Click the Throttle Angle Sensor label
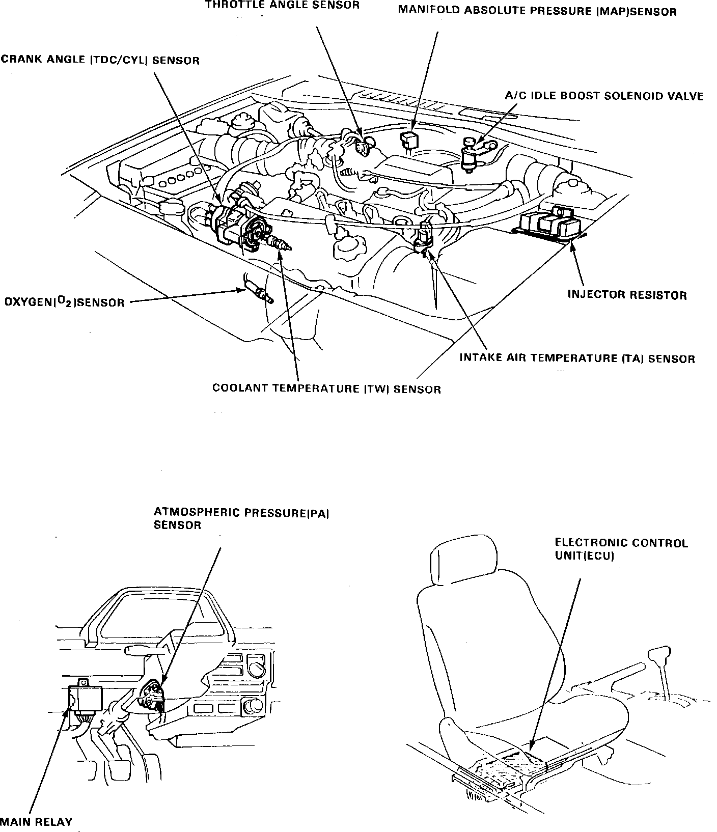[x=282, y=6]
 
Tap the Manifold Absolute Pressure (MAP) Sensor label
[x=537, y=11]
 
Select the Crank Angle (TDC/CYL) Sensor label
[x=100, y=60]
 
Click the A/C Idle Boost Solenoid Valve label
[x=604, y=96]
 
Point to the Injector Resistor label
[x=627, y=295]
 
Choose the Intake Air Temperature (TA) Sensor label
[x=577, y=358]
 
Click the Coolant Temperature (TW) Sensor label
[x=326, y=389]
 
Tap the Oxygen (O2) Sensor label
[x=64, y=302]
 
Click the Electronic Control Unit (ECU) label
[x=621, y=549]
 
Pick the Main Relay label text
[x=36, y=821]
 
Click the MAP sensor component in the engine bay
[x=409, y=140]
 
